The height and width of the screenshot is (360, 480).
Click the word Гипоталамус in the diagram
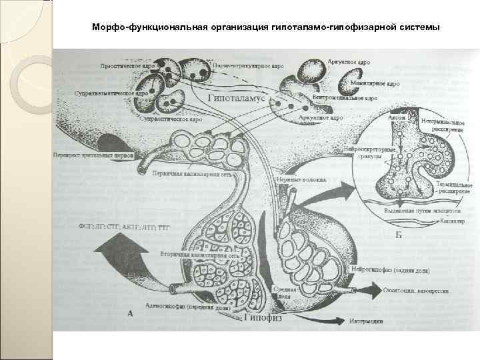coord(237,98)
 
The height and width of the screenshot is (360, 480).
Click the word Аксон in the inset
coord(396,117)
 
